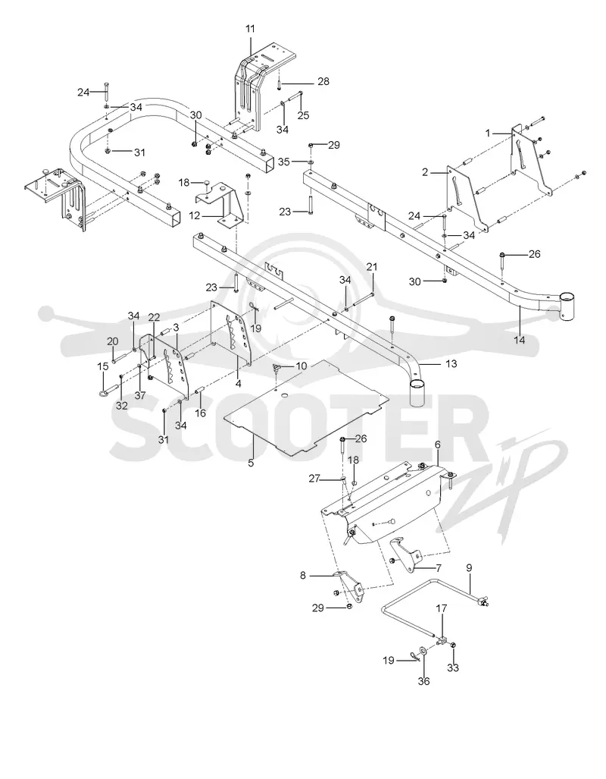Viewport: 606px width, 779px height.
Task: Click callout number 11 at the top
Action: point(250,29)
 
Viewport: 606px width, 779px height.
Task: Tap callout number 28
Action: point(323,81)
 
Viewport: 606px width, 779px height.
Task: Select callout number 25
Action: point(303,115)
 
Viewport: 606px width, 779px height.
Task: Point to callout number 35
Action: point(283,162)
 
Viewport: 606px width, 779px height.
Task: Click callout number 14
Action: point(519,340)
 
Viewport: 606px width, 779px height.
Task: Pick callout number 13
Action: point(451,363)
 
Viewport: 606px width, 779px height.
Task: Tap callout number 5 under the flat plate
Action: point(251,463)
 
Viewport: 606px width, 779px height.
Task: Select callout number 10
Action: point(301,366)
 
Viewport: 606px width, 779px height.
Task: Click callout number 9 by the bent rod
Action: point(469,567)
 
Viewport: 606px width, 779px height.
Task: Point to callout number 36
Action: point(423,681)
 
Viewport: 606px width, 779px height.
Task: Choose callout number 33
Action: point(453,667)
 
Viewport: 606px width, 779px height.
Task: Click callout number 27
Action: point(314,479)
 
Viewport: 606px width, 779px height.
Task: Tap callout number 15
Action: point(103,366)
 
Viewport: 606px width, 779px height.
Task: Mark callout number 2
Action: point(425,172)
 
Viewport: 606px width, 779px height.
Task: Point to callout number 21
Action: point(372,267)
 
